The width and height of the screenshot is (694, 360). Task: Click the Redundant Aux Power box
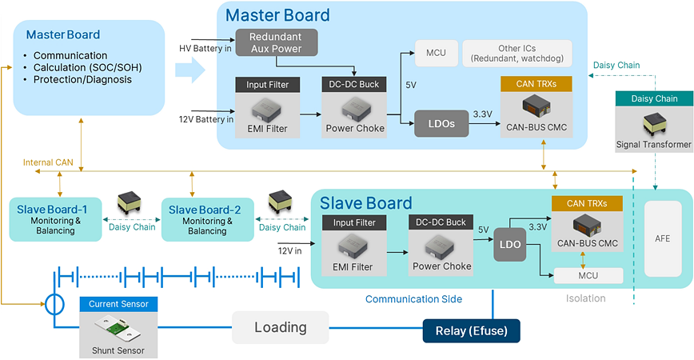coord(277,42)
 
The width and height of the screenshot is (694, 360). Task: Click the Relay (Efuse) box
coord(471,330)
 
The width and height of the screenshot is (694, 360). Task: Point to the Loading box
coord(280,327)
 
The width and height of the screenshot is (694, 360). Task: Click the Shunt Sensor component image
coord(118,328)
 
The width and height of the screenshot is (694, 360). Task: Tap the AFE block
coord(662,238)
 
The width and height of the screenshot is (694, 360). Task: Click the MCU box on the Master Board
coord(435,53)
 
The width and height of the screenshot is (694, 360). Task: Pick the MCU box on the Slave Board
coord(587,275)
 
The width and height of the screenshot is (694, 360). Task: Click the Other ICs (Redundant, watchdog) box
coord(517,53)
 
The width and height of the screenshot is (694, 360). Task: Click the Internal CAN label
coord(47,162)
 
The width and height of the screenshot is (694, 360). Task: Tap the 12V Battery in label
coord(206,119)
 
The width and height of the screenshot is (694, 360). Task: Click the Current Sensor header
coord(118,304)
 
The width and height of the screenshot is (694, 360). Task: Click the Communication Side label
coord(413,299)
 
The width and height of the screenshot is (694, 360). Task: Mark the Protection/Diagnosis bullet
coord(83,79)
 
